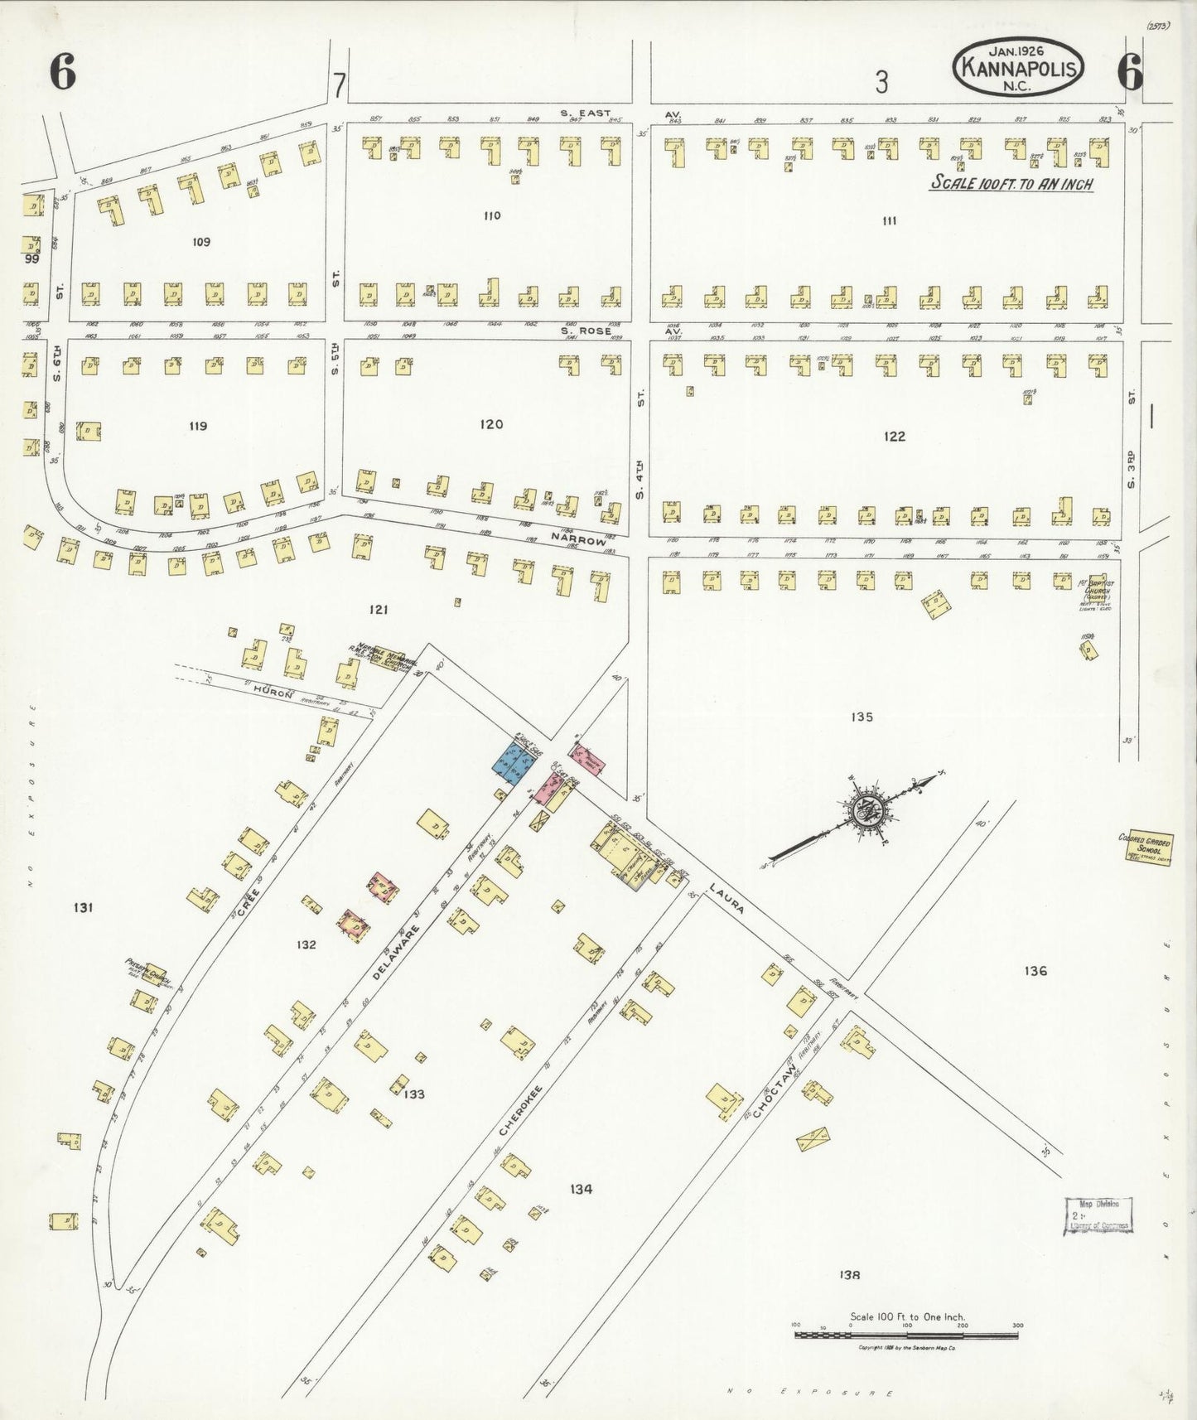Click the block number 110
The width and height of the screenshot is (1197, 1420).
[x=492, y=216]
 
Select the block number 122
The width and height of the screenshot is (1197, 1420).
[x=894, y=436]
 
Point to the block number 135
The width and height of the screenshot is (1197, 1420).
[x=862, y=717]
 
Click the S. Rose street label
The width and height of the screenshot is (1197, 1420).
[x=585, y=331]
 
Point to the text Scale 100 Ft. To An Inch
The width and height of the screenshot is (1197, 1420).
[x=1011, y=184]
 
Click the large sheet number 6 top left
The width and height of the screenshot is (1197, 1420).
[x=62, y=75]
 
